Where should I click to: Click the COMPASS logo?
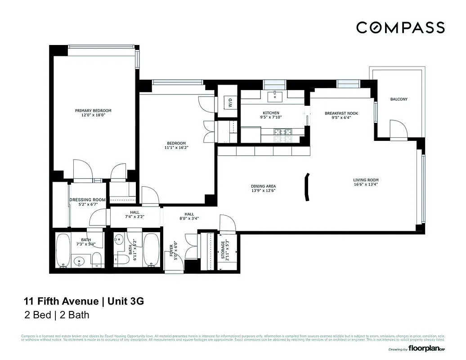click(x=400, y=27)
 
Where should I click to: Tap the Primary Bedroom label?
click(x=93, y=110)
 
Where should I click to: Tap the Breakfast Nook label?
click(x=341, y=113)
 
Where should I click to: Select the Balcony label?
click(x=399, y=99)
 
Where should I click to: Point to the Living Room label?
click(x=366, y=180)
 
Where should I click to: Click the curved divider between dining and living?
click(x=306, y=186)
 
